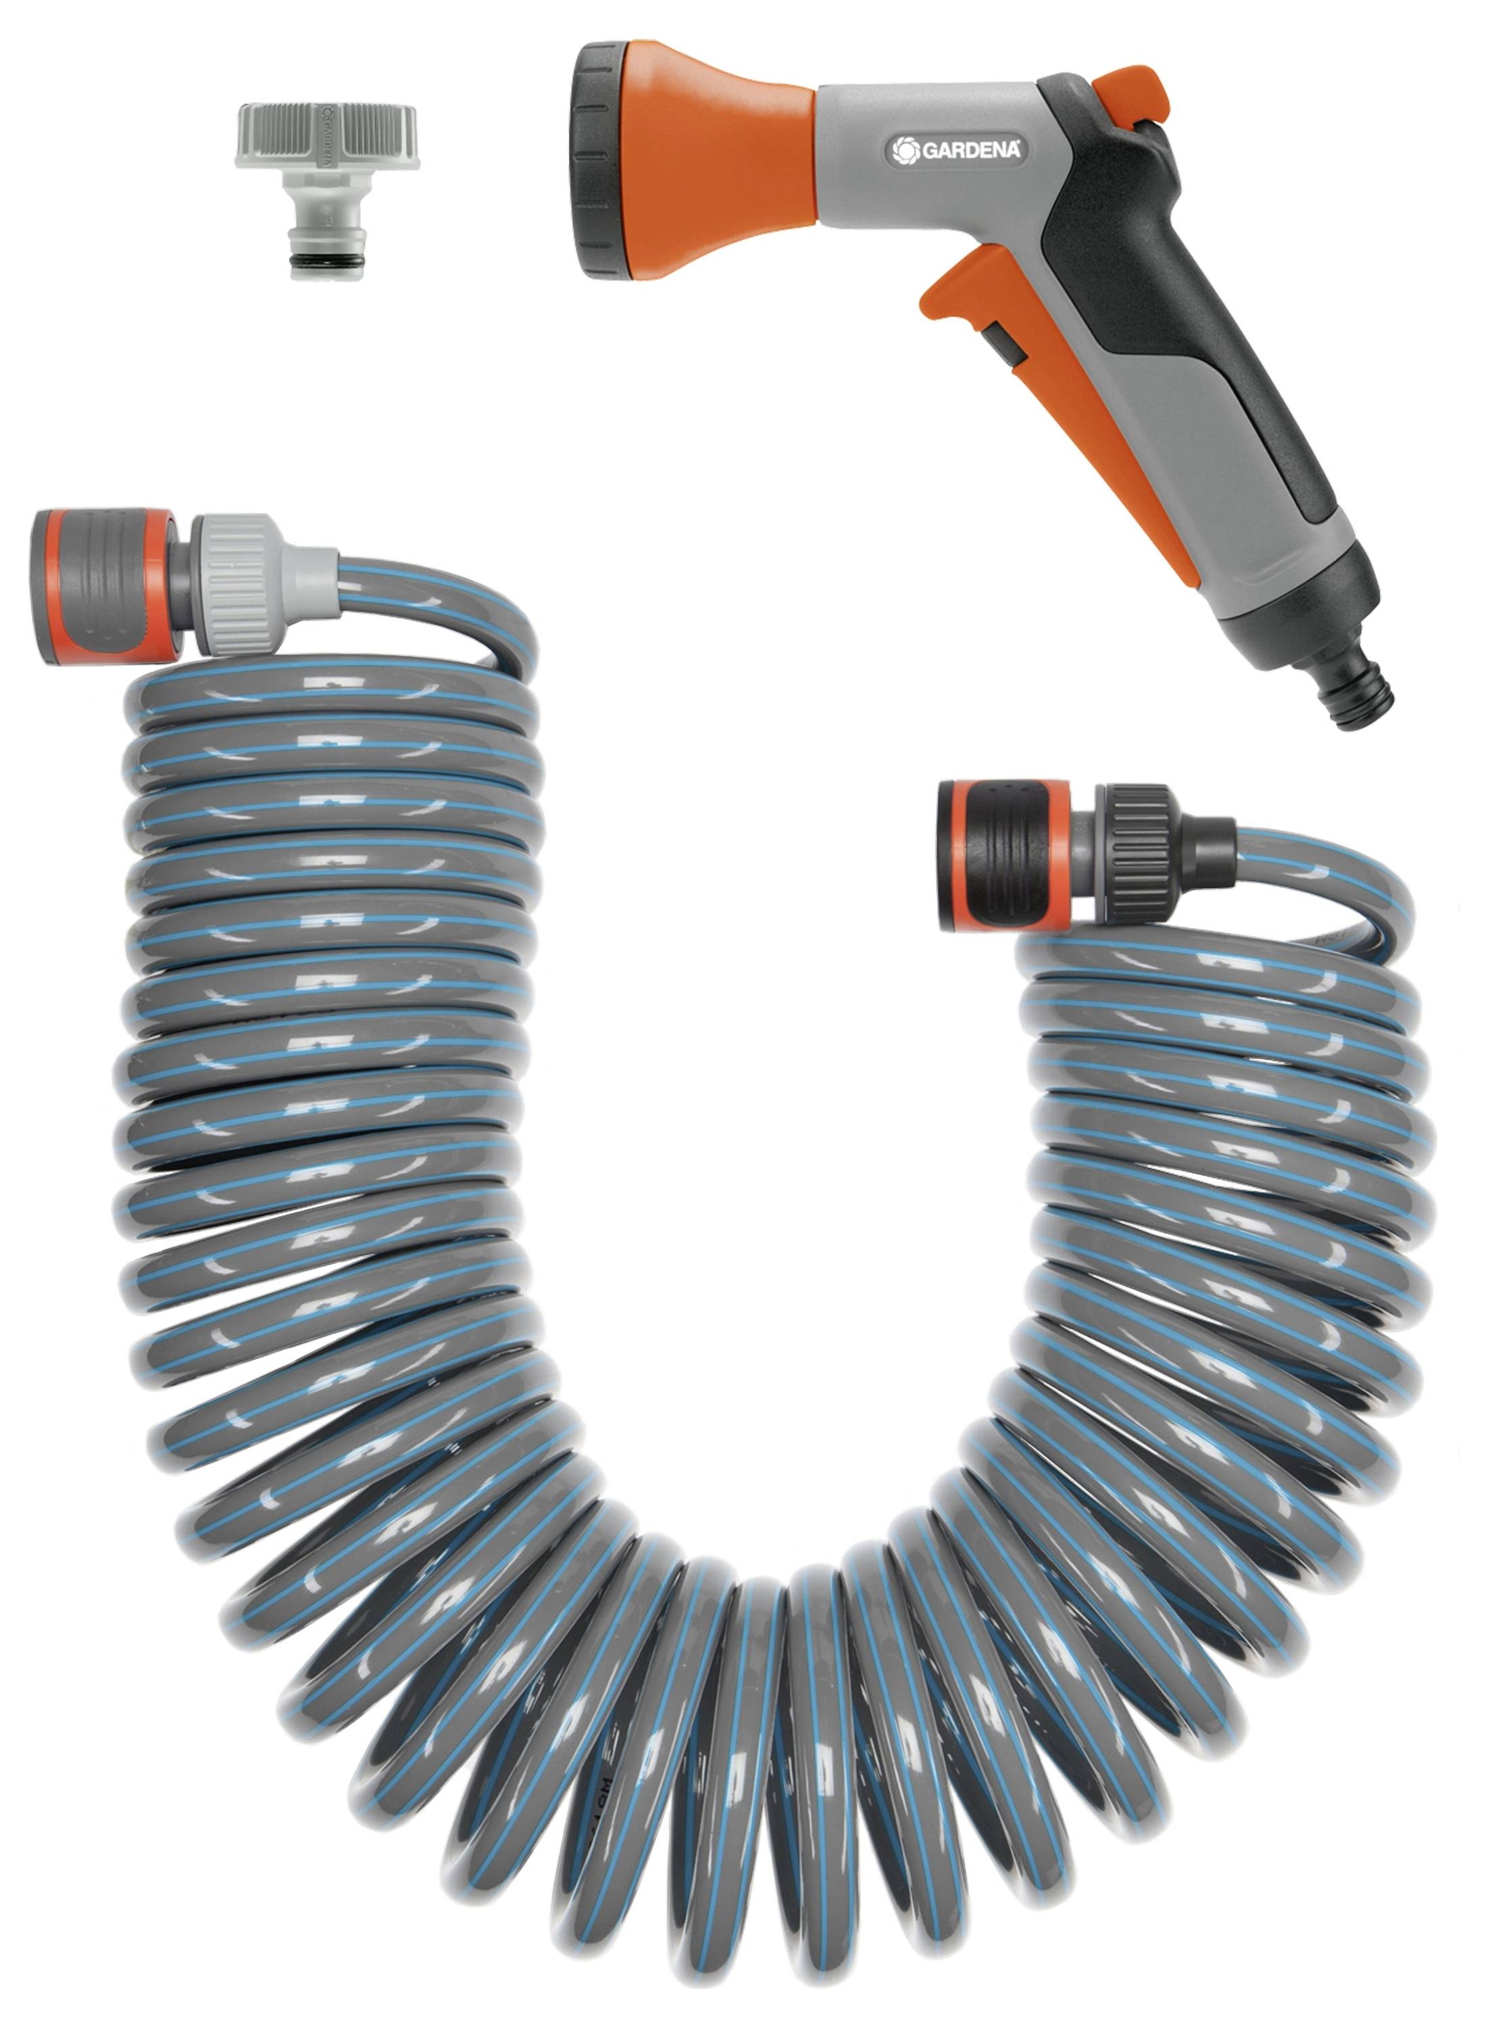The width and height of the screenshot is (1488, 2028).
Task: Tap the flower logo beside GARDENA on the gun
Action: (x=903, y=151)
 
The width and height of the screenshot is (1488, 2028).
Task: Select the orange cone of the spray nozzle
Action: (x=720, y=158)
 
